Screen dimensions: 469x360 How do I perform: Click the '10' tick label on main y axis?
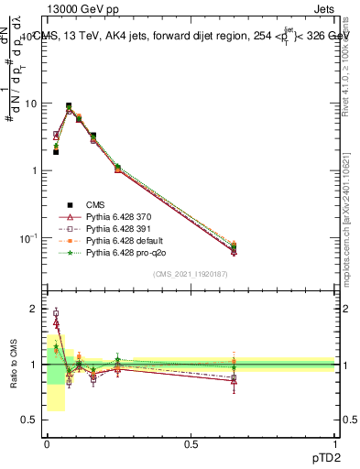tap(30, 103)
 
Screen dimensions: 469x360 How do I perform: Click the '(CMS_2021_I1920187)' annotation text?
tap(191, 273)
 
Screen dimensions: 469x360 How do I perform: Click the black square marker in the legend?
tap(69, 205)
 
